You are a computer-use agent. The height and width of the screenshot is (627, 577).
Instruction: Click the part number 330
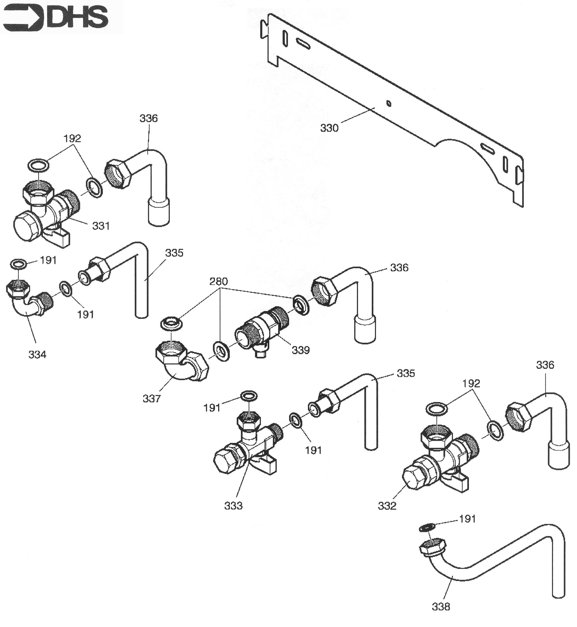(329, 128)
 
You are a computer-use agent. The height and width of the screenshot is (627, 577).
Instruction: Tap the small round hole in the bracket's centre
(389, 103)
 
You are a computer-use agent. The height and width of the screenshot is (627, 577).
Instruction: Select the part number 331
(101, 226)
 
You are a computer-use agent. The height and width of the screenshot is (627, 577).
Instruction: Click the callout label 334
(37, 354)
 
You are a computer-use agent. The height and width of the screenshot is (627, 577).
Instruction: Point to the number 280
(218, 281)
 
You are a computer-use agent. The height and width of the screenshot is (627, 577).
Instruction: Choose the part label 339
(301, 350)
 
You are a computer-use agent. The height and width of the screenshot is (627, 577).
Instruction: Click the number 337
(151, 399)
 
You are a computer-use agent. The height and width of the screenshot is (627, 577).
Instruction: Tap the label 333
(233, 506)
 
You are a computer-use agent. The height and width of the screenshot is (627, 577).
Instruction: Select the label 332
(387, 506)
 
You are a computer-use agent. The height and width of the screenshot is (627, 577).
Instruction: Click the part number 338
(441, 607)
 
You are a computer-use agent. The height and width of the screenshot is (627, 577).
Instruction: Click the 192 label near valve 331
(72, 138)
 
